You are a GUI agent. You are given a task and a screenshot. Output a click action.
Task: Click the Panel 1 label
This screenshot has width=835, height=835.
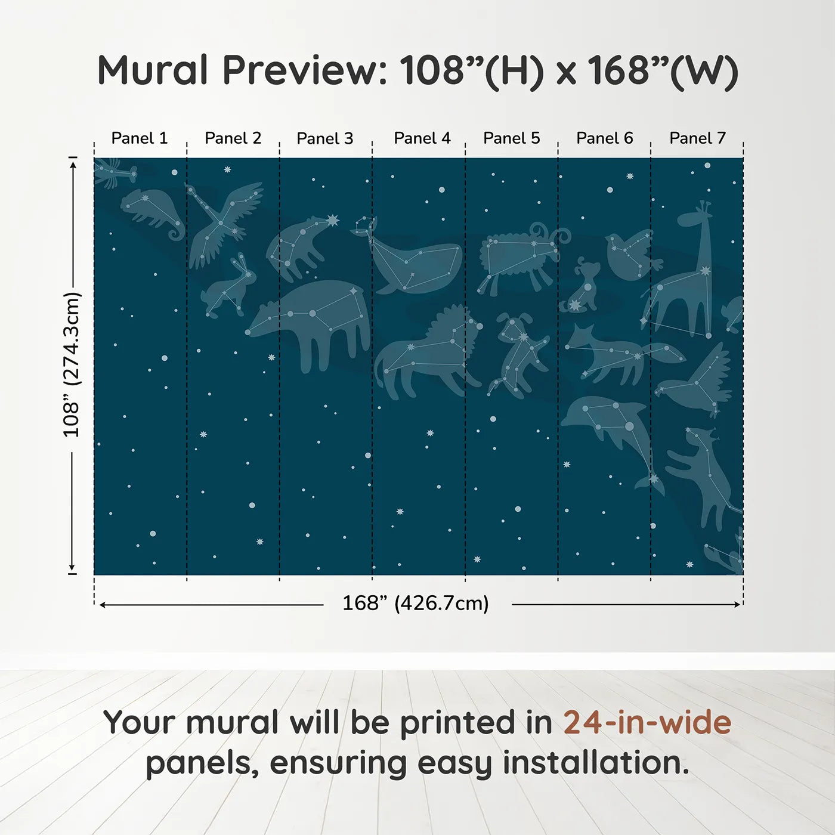[140, 138]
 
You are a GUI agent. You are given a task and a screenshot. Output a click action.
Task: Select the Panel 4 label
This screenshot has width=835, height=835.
[422, 138]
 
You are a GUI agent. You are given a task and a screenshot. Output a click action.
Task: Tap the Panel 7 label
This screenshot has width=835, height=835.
[697, 138]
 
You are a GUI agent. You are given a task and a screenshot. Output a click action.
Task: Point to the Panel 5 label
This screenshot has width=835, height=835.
[511, 138]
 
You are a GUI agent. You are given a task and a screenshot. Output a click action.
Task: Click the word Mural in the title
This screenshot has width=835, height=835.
[153, 70]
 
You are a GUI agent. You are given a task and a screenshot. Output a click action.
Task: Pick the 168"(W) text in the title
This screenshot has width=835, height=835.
[663, 71]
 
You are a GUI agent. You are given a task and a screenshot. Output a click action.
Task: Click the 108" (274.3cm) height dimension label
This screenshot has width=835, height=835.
[72, 365]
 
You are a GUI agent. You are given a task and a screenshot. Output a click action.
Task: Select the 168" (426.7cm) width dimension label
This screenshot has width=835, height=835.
[416, 604]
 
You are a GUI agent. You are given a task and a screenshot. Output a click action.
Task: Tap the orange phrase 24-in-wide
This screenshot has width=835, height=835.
[647, 722]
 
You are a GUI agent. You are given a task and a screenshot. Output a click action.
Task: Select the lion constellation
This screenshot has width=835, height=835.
[426, 352]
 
